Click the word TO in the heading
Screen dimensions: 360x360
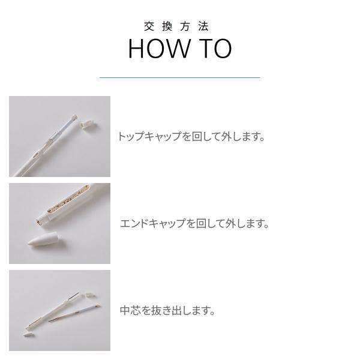[x=215, y=49]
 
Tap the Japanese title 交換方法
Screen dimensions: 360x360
[x=176, y=26]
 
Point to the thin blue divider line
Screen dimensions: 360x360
[x=180, y=77]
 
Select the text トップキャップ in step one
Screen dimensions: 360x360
[x=149, y=136]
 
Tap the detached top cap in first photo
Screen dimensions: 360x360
[x=87, y=125]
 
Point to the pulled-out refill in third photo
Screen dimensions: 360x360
[x=74, y=313]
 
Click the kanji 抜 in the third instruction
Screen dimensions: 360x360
[x=157, y=310]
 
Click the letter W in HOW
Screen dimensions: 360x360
[x=177, y=49]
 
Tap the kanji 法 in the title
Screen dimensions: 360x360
[x=204, y=26]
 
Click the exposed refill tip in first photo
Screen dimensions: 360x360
[x=74, y=118]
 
